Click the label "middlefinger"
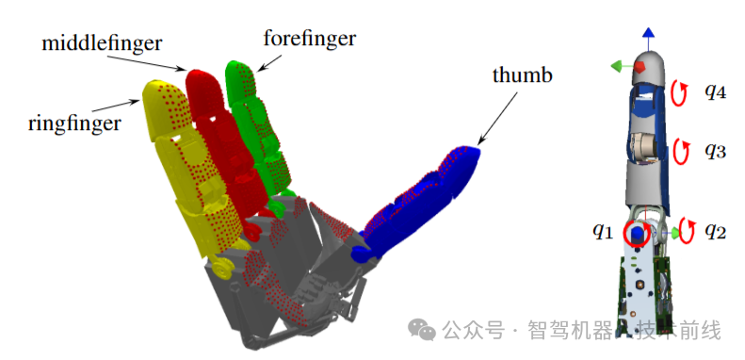click(102, 43)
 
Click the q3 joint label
click(714, 149)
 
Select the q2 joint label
click(715, 229)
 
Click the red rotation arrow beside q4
click(679, 91)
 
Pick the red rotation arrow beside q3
click(679, 149)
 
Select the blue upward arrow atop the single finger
click(649, 36)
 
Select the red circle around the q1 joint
click(637, 232)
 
